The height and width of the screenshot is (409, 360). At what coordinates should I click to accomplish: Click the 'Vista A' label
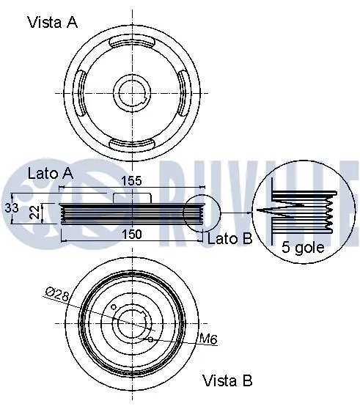[52, 22]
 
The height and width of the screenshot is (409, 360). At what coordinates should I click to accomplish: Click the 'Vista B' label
[228, 380]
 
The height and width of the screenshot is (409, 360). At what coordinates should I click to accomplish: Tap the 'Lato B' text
[229, 239]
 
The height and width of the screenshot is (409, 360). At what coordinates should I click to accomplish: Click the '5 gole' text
[302, 248]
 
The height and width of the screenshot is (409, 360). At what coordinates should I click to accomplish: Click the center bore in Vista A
[132, 93]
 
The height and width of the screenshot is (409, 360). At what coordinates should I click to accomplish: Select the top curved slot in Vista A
[132, 46]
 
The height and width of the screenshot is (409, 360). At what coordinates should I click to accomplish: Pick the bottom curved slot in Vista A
[132, 141]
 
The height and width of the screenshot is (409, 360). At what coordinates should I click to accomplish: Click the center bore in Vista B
[132, 322]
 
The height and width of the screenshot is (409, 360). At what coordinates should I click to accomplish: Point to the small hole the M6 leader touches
[150, 339]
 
